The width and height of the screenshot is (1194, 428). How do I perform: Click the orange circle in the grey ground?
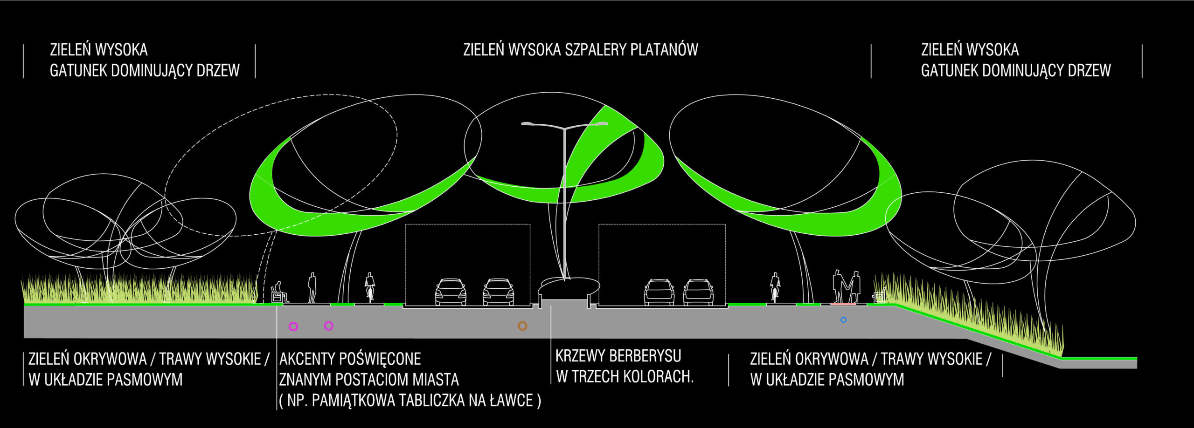coord(522,326)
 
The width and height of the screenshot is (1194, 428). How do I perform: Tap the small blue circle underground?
coord(843,320)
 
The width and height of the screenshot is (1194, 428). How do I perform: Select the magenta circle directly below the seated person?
coord(293,326)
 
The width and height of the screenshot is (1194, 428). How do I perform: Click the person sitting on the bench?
coord(279,291)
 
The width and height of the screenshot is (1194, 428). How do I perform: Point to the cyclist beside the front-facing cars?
coord(370,286)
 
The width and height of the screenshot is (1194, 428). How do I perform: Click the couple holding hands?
coord(846,286)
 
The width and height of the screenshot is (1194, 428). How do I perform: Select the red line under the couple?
coord(843,304)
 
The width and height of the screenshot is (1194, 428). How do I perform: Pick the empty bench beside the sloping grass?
coord(879,296)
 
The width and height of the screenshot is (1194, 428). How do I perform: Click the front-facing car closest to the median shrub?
coord(498,292)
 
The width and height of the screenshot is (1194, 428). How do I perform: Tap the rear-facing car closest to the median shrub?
coord(659,292)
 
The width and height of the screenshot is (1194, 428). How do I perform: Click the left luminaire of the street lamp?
coord(528,124)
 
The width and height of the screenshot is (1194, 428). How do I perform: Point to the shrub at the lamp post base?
coord(569,285)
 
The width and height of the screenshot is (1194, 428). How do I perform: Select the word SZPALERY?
coord(593,50)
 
